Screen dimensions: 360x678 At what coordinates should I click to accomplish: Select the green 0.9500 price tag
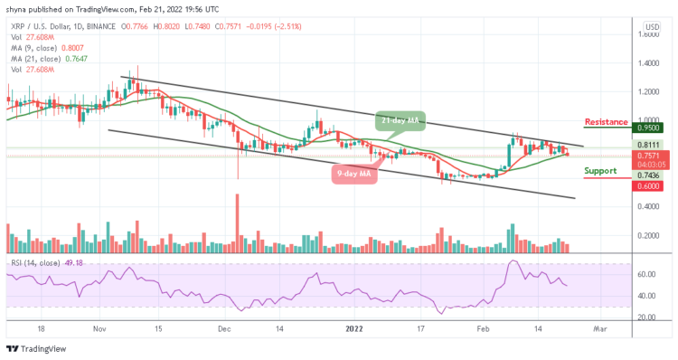point(647,128)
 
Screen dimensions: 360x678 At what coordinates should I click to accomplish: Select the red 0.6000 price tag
point(647,185)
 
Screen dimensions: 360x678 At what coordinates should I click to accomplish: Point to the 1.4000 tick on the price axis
point(646,63)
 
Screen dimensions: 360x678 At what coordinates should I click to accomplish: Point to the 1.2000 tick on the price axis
point(646,91)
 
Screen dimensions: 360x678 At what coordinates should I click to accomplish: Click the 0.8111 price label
point(647,144)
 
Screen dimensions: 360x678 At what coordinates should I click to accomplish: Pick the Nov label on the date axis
point(100,331)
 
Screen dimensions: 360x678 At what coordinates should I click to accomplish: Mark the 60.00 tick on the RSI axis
point(646,274)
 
